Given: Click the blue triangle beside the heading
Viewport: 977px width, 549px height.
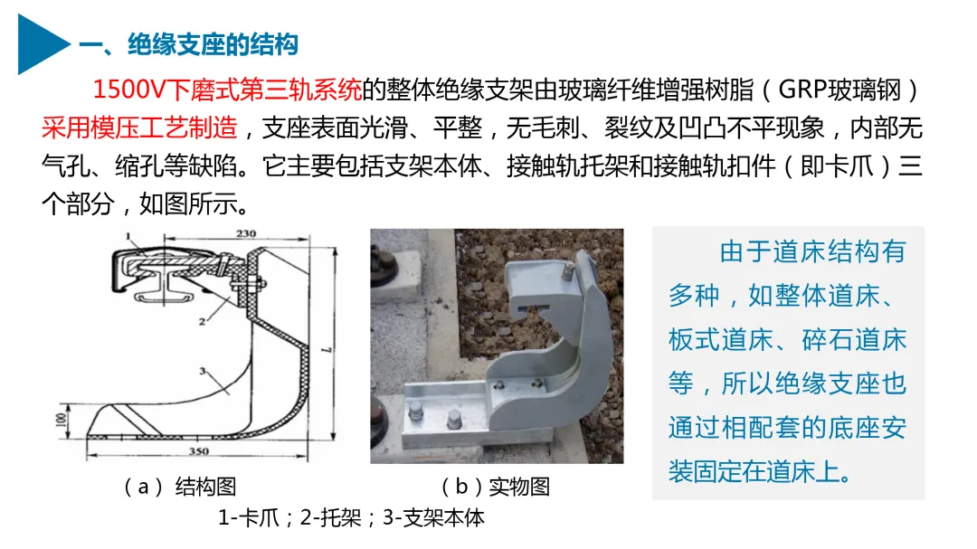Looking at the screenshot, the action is [x=39, y=44].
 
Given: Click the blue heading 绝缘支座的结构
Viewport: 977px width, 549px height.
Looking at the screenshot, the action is [x=213, y=44].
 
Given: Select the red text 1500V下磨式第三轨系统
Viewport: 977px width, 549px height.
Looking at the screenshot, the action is [x=227, y=90].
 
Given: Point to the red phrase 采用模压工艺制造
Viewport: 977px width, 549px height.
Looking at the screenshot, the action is [x=139, y=128].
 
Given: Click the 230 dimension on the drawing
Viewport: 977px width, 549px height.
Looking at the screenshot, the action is [x=245, y=233].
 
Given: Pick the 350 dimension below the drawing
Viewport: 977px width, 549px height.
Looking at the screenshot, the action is [x=199, y=451].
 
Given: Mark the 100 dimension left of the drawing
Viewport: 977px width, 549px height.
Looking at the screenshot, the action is [x=62, y=420].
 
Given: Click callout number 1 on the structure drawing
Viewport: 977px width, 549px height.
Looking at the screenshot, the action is [x=128, y=236].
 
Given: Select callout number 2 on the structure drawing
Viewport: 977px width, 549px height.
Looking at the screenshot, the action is [x=202, y=322].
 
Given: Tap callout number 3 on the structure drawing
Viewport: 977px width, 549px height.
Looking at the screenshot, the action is [x=202, y=371].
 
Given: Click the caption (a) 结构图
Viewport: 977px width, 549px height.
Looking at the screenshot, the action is [x=180, y=487].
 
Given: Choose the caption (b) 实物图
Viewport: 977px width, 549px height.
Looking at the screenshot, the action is [x=496, y=487].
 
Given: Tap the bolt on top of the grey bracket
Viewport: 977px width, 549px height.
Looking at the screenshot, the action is [x=567, y=270].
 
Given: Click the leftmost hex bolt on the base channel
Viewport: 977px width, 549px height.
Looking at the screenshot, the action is [x=415, y=411].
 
